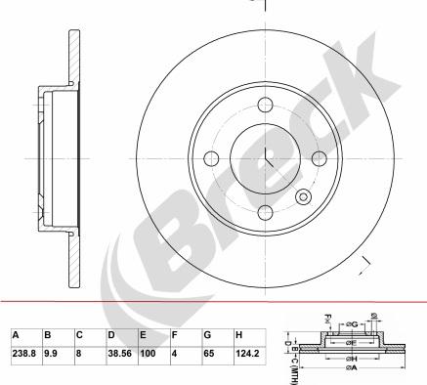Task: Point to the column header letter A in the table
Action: [15, 334]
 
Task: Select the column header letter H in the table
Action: [239, 334]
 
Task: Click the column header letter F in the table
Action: [174, 334]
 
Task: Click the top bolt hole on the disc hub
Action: [264, 108]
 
